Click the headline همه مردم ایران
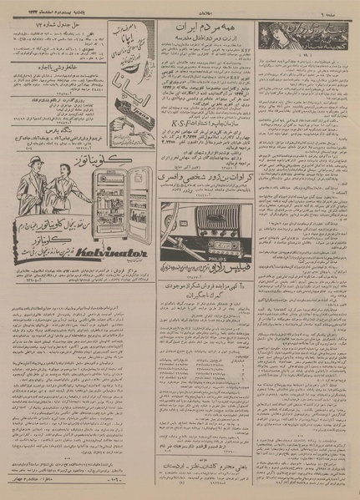tap(205, 33)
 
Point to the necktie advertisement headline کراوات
tap(205, 178)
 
